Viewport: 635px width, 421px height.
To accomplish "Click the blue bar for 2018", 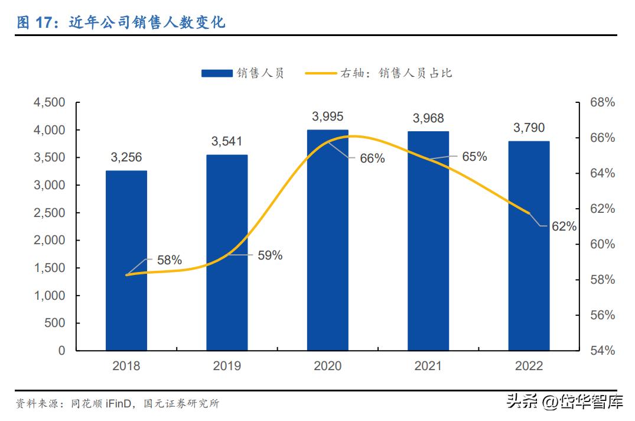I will coord(126,260).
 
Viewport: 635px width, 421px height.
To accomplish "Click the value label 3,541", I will coord(227,141).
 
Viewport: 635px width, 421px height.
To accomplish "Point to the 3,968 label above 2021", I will coord(428,118).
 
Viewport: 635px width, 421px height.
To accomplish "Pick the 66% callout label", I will coord(372,158).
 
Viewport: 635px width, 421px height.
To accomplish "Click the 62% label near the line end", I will coord(564,226).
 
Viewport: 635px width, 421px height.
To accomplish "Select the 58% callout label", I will coord(170,260).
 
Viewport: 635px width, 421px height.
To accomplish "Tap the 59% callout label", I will coord(270,255).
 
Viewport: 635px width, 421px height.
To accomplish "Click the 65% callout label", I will coord(474,157).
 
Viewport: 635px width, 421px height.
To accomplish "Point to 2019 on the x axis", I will coord(227,366).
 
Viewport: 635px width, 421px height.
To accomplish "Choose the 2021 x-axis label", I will coord(428,366).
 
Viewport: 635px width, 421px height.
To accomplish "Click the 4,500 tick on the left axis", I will coord(50,102).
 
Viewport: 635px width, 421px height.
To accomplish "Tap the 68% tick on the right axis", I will coord(603,102).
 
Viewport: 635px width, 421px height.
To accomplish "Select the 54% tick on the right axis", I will coord(603,351).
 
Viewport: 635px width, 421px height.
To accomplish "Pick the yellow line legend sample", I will coord(321,73).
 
